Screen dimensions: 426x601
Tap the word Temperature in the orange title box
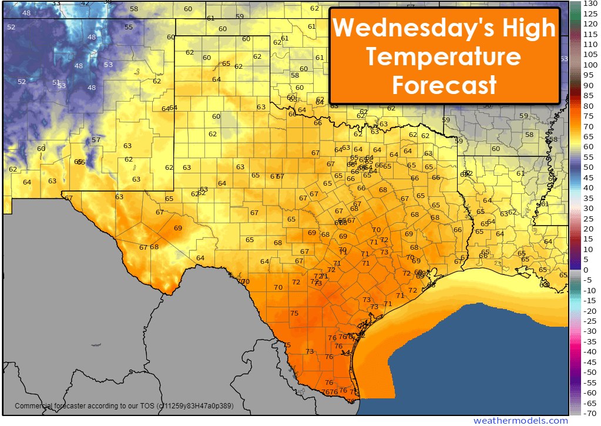(444, 57)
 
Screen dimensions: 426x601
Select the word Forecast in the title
(444, 85)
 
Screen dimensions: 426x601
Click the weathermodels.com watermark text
(521, 420)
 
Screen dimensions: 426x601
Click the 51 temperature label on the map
(56, 83)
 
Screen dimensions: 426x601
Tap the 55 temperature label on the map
(129, 27)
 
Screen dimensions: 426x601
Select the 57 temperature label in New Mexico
(96, 140)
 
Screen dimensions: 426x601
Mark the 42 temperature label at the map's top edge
(85, 4)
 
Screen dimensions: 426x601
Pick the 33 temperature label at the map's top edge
(56, 4)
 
